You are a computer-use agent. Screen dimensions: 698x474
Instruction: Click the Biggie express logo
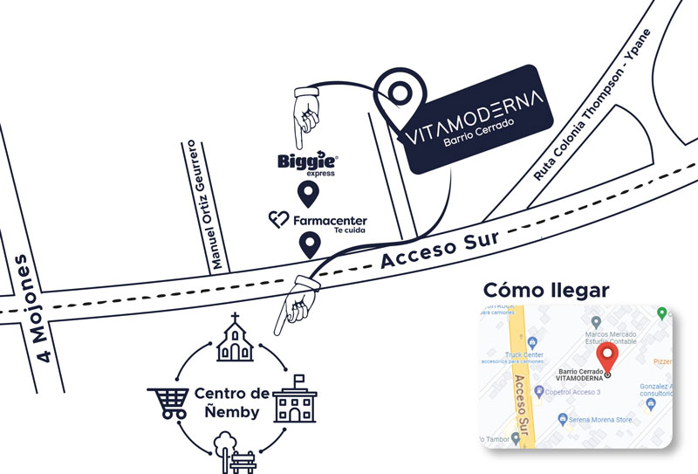click(x=307, y=162)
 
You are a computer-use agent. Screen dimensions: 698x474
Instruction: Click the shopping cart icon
click(x=168, y=401)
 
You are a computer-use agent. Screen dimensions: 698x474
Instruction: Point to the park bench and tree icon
click(x=234, y=453)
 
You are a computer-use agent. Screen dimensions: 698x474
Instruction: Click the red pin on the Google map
click(x=607, y=359)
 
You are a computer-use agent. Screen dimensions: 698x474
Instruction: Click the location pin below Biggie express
click(x=307, y=194)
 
